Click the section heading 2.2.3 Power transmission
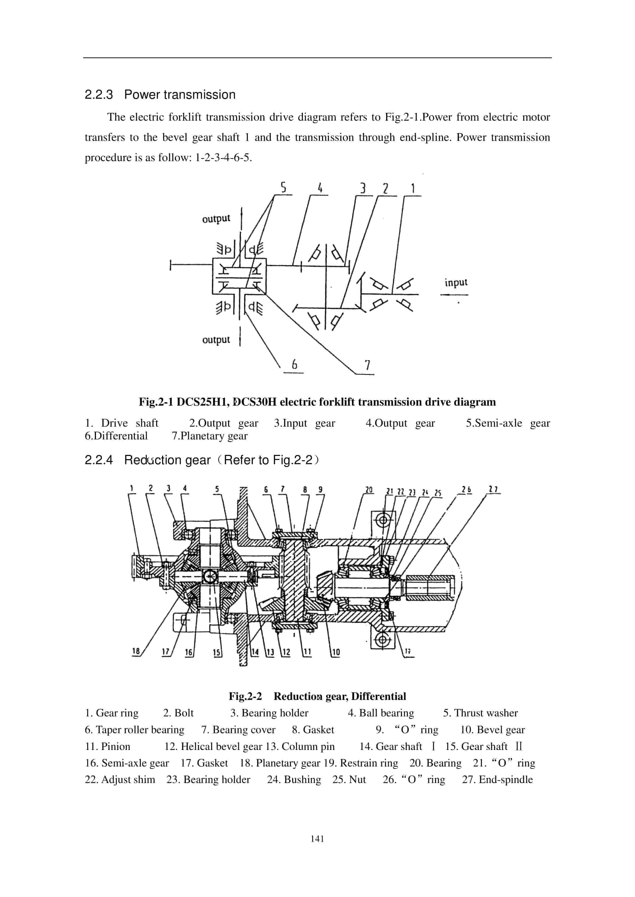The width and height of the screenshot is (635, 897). click(160, 95)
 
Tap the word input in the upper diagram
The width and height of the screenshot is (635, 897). click(456, 282)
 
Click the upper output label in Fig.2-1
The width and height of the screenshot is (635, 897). click(216, 218)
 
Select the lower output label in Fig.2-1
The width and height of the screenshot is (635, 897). click(216, 340)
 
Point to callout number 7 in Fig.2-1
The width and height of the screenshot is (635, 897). click(367, 365)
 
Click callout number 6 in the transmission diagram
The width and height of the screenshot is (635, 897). click(294, 364)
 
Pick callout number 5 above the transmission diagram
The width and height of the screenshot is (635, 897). click(283, 188)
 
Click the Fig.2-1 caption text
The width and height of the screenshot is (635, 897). click(317, 402)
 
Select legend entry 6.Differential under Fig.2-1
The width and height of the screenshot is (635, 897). click(116, 436)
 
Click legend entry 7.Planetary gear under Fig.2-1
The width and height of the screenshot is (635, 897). click(210, 436)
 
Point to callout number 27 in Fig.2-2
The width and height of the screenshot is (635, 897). click(493, 490)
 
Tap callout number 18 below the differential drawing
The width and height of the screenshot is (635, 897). click(136, 651)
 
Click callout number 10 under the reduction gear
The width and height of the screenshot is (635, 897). click(335, 652)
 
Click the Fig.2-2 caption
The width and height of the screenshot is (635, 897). click(317, 696)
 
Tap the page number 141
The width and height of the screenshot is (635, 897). click(317, 839)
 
